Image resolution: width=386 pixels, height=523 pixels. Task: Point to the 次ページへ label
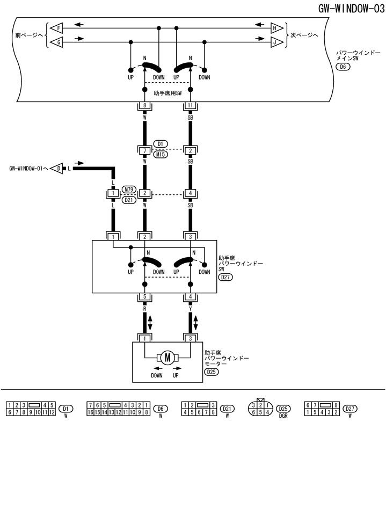[x=304, y=34]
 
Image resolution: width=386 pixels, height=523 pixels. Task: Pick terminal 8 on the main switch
[x=144, y=106]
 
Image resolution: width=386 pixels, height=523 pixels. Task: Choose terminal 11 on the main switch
[x=191, y=106]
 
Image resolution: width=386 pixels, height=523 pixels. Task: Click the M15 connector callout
[x=161, y=154]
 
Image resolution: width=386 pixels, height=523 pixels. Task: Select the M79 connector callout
[x=128, y=190]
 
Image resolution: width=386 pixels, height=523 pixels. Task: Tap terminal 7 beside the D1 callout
[x=144, y=150]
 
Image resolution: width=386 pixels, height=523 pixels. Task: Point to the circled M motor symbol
[x=167, y=358]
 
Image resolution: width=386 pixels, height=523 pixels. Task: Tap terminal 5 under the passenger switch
[x=144, y=296]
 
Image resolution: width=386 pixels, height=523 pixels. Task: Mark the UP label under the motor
[x=176, y=375]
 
